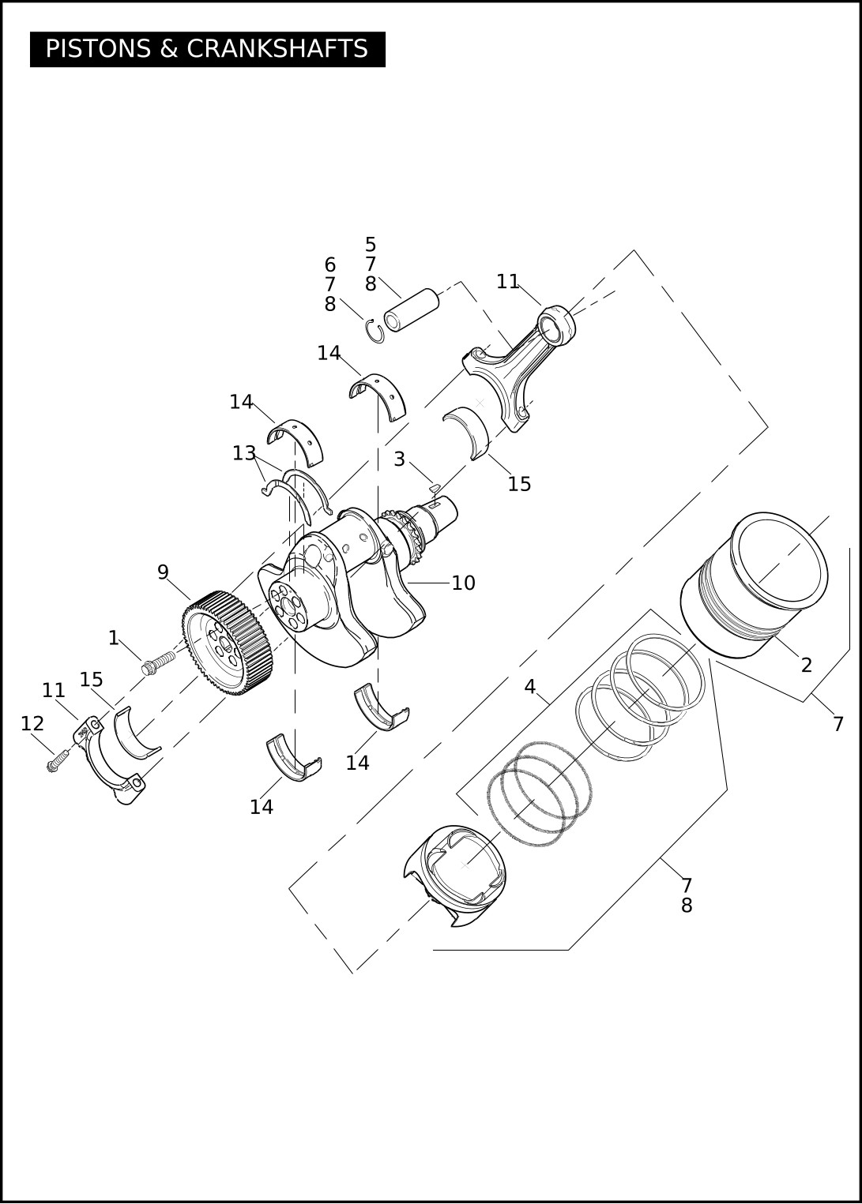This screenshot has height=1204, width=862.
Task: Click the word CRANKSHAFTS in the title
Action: [x=277, y=49]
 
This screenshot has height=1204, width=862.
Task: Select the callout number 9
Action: [x=163, y=572]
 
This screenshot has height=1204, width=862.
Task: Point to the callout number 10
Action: [x=463, y=583]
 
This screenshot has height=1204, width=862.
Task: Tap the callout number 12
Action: [x=32, y=723]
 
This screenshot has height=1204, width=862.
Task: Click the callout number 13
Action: [x=243, y=453]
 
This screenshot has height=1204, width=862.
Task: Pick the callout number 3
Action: [x=399, y=459]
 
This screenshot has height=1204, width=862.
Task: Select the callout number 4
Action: [x=529, y=686]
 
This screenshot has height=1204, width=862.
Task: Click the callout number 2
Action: [x=806, y=666]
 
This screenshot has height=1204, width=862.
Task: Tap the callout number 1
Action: [x=114, y=638]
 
